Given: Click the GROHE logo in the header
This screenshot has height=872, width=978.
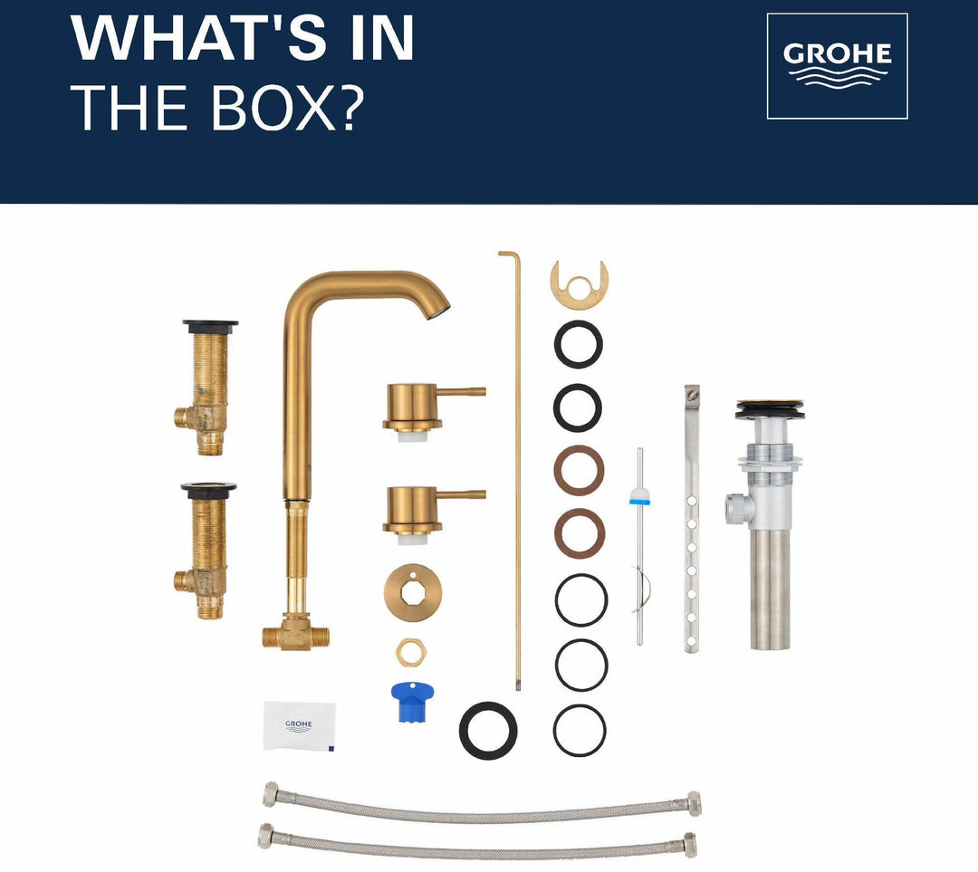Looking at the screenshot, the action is click(837, 65).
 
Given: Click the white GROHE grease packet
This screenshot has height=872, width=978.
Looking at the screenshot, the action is click(300, 725).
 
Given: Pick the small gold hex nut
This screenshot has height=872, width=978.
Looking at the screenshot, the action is click(411, 652).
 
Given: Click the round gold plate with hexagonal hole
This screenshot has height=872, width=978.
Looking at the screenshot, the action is click(413, 592).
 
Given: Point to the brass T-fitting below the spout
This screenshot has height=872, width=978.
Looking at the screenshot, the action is click(295, 635).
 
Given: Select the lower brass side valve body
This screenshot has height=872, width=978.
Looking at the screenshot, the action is click(206, 551).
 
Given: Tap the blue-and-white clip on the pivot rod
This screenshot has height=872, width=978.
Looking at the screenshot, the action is click(640, 497).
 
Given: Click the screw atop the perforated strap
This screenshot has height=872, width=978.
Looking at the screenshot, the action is click(692, 394).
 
